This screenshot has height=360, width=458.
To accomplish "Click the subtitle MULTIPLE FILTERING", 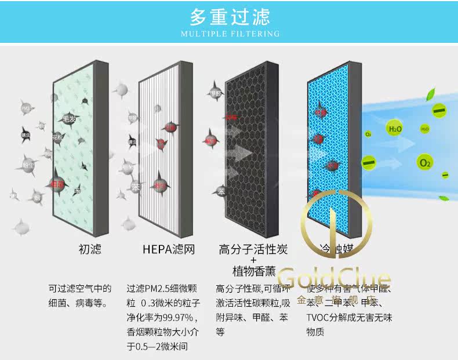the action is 230,34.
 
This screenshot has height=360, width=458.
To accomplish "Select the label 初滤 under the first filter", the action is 90,250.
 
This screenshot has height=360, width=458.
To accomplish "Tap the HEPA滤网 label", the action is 168,250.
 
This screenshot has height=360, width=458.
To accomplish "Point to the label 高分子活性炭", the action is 253,250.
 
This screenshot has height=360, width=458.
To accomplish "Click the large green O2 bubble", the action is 425,163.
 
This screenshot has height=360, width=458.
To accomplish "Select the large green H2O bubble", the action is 395,129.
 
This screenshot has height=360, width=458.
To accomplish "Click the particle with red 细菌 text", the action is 57,183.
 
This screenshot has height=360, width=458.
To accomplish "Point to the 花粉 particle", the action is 56,138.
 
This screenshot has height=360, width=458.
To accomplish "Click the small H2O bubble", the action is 424,128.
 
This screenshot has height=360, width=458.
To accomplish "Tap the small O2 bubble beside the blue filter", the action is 368,134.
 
